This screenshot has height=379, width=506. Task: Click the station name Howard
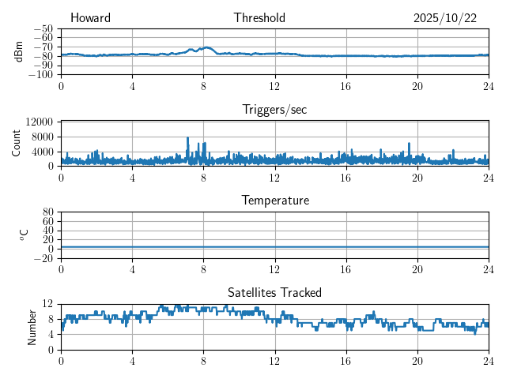click(90, 18)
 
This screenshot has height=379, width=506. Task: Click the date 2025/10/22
click(444, 18)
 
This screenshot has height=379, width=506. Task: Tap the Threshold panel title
click(259, 18)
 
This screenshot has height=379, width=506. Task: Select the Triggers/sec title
click(274, 110)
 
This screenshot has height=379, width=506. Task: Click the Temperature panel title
click(274, 201)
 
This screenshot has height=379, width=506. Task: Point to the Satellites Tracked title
click(274, 292)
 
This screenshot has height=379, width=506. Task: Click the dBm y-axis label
click(18, 51)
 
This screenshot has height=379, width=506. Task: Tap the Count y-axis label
click(17, 143)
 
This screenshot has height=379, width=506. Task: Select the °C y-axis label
click(25, 235)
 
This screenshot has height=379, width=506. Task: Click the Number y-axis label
click(32, 326)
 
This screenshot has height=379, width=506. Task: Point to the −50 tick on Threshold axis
click(44, 28)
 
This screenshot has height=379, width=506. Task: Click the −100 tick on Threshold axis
click(42, 75)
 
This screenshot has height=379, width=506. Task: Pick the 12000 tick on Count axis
click(40, 122)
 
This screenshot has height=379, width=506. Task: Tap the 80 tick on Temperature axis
click(48, 212)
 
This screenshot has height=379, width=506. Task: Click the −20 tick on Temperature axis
click(44, 259)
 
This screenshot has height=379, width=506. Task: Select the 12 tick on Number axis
click(48, 304)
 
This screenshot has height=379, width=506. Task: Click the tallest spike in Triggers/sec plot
click(187, 138)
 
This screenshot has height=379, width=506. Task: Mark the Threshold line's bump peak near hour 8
click(206, 47)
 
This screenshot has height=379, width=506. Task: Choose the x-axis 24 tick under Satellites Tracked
click(488, 360)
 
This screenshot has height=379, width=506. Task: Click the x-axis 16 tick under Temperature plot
click(346, 269)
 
